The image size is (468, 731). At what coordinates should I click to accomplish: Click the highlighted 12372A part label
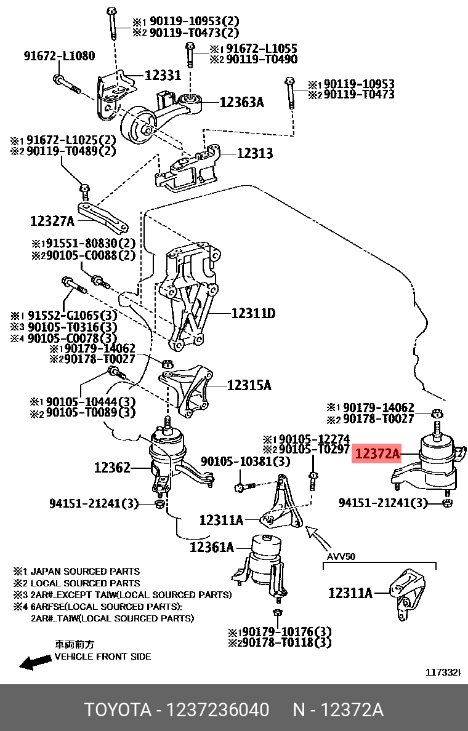click(377, 455)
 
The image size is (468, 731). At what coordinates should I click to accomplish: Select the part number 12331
click(163, 75)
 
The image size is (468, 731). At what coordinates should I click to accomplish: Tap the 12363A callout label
click(241, 102)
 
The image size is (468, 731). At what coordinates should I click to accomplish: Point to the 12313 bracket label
click(254, 153)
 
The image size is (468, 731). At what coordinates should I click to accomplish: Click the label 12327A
click(52, 221)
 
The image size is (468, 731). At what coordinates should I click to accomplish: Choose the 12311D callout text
click(253, 314)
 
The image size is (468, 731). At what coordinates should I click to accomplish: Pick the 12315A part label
click(249, 385)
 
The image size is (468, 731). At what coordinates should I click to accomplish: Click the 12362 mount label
click(112, 468)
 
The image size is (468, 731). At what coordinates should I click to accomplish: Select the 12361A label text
click(211, 546)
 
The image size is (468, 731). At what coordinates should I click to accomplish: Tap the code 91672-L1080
click(60, 56)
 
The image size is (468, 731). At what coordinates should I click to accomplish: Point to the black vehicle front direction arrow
click(34, 661)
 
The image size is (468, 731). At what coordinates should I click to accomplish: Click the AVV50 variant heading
click(341, 557)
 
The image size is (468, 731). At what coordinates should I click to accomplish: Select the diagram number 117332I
click(443, 673)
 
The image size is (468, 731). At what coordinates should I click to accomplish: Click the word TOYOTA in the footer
click(118, 710)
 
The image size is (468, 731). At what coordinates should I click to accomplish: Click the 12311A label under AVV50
click(350, 593)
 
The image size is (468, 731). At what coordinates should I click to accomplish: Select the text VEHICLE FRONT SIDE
click(102, 657)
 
